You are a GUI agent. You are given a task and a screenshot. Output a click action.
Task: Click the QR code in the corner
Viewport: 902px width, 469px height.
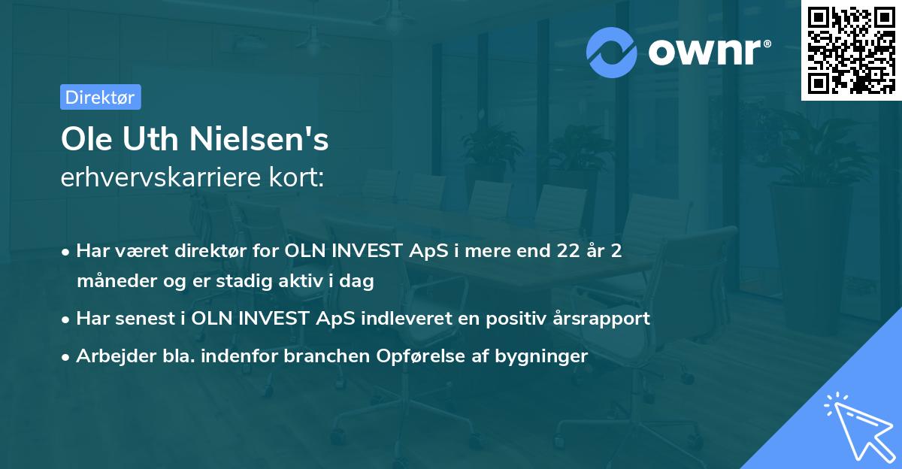click(x=851, y=50)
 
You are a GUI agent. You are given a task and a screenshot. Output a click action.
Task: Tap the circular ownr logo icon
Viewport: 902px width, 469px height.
click(x=612, y=53)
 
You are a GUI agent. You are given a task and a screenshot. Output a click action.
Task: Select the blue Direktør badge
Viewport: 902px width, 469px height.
click(x=100, y=97)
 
